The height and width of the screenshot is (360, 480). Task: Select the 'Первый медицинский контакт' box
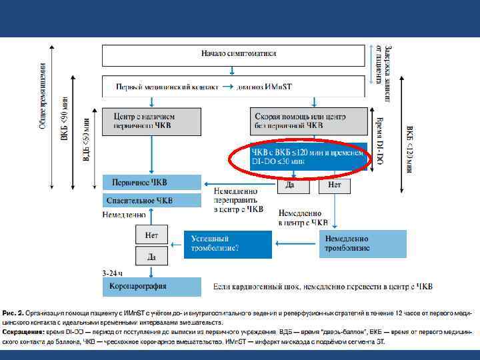(234, 86)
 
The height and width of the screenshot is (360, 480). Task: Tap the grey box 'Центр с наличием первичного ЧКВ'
(151, 121)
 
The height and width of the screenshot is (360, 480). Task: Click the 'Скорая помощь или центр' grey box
(308, 121)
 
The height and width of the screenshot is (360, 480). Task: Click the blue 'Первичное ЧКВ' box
(151, 182)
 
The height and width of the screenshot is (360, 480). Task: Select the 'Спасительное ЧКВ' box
(151, 200)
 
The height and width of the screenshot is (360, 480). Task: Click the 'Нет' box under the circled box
(335, 185)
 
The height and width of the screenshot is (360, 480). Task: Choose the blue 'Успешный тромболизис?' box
(227, 243)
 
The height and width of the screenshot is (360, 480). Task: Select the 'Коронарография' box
(151, 286)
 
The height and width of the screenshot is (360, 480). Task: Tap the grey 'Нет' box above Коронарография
(151, 235)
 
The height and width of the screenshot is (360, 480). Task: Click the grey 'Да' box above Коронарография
(151, 255)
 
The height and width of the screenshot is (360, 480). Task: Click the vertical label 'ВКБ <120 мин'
(409, 150)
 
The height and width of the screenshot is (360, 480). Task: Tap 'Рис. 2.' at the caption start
(13, 312)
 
